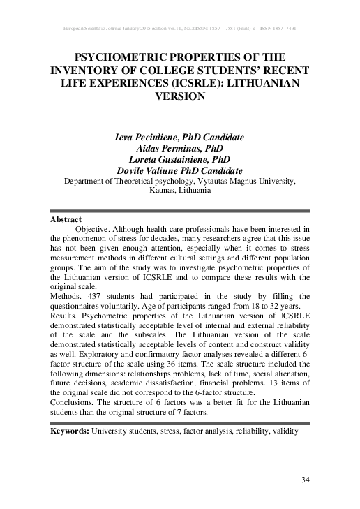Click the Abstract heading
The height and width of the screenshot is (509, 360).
click(x=66, y=219)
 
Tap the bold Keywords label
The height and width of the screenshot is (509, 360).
click(x=70, y=431)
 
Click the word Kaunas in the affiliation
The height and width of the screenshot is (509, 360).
click(x=165, y=190)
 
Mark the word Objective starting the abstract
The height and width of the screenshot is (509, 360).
click(x=93, y=228)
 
